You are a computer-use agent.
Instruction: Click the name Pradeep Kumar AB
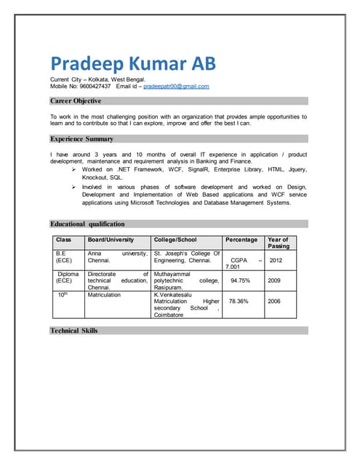133,63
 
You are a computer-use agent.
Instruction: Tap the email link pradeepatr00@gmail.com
176,86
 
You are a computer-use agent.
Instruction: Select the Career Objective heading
76,101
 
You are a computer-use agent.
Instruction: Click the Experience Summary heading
81,138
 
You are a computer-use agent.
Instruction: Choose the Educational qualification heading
87,224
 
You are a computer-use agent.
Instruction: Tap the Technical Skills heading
74,331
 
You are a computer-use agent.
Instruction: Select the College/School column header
175,240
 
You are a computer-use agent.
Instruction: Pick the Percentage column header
241,240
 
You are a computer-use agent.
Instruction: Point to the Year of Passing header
279,243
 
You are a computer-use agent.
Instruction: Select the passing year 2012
276,259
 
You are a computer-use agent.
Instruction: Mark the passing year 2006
274,301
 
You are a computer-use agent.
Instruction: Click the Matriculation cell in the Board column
105,295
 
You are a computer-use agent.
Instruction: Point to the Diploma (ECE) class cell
68,277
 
